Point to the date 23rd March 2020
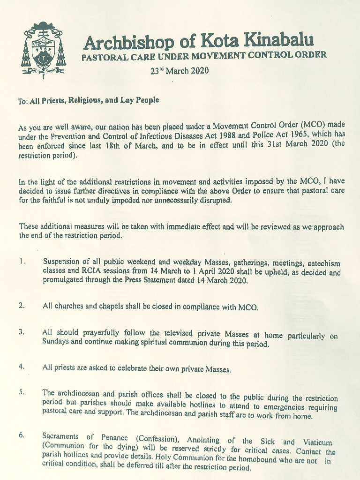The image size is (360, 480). pos(179,71)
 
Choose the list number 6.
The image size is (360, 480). pos(22,435)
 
